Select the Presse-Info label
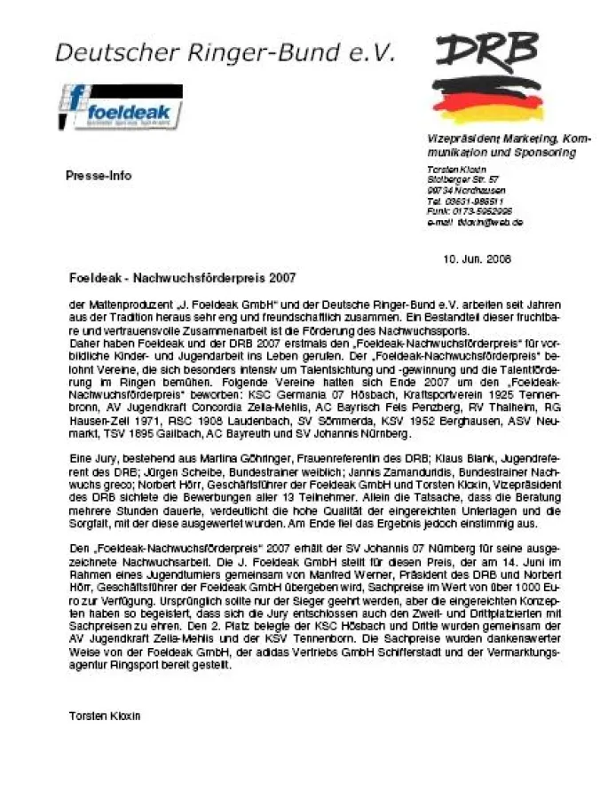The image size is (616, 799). click(x=99, y=176)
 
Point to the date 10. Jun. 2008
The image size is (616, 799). click(x=477, y=259)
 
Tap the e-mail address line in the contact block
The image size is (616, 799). click(x=474, y=222)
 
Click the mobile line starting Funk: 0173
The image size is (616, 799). click(x=469, y=211)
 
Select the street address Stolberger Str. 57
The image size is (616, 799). click(x=462, y=179)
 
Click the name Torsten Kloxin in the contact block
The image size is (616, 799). click(x=453, y=169)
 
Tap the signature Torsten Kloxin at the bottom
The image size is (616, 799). click(x=105, y=715)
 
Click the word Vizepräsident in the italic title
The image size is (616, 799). click(x=460, y=139)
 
